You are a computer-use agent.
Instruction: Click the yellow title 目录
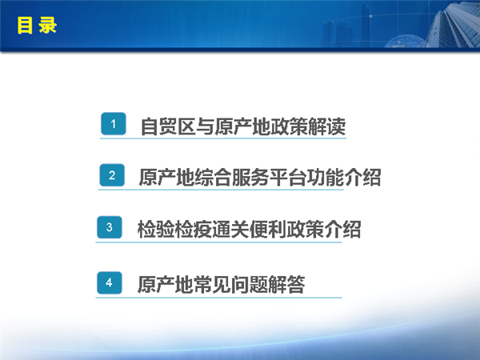tap(37, 25)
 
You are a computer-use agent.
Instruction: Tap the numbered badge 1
tap(114, 124)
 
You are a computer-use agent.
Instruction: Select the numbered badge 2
tap(112, 175)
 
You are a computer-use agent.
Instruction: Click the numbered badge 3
tap(110, 227)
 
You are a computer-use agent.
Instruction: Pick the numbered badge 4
tap(110, 282)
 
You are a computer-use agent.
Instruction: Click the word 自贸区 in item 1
tap(168, 126)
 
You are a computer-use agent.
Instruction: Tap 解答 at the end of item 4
tap(286, 284)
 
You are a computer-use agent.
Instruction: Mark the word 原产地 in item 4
tap(166, 284)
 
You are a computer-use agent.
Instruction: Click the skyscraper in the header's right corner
tap(453, 24)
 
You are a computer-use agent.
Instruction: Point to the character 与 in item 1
tap(205, 126)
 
